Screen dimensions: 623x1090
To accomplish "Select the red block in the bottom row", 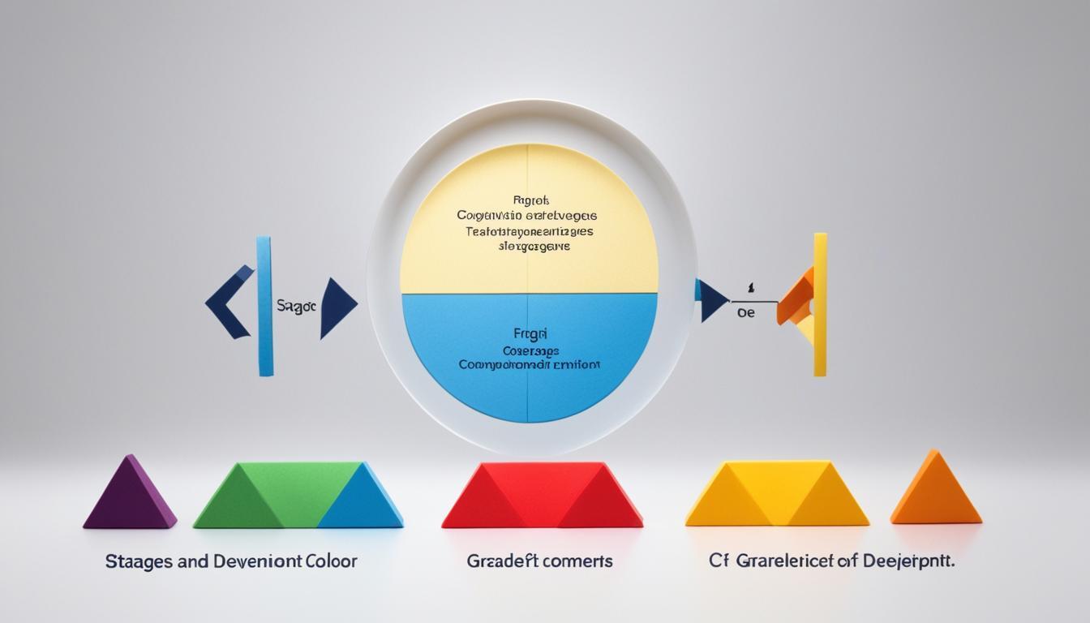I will (541, 496).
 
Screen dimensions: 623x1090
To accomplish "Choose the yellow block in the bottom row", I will (776, 496).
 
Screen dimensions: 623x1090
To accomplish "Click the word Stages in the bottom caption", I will (133, 561).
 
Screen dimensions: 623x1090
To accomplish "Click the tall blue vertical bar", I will (264, 306).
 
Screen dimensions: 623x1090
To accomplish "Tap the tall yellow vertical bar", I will (820, 304).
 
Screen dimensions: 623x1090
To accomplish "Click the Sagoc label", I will (295, 307).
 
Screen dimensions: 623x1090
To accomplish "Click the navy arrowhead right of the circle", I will (711, 300).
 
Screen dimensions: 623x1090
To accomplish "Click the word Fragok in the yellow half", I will (531, 200).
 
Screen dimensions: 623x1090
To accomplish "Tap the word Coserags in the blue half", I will (530, 350).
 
